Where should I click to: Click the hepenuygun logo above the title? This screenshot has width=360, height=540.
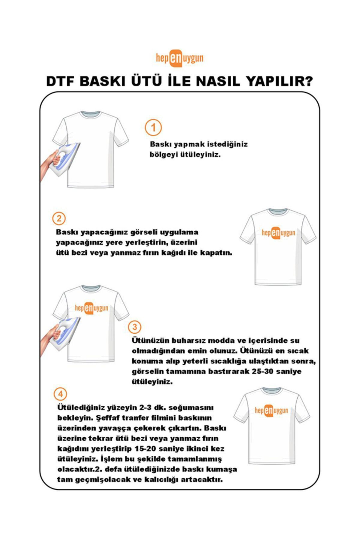[x=179, y=58]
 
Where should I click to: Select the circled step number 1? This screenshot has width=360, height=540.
[x=153, y=128]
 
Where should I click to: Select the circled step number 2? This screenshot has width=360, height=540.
[x=59, y=218]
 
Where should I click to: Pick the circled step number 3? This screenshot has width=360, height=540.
[x=134, y=327]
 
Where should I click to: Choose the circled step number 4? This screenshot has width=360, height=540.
[x=60, y=394]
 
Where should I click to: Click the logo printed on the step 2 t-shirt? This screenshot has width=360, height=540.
[x=278, y=233]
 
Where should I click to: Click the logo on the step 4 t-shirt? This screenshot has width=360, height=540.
[x=271, y=410]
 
